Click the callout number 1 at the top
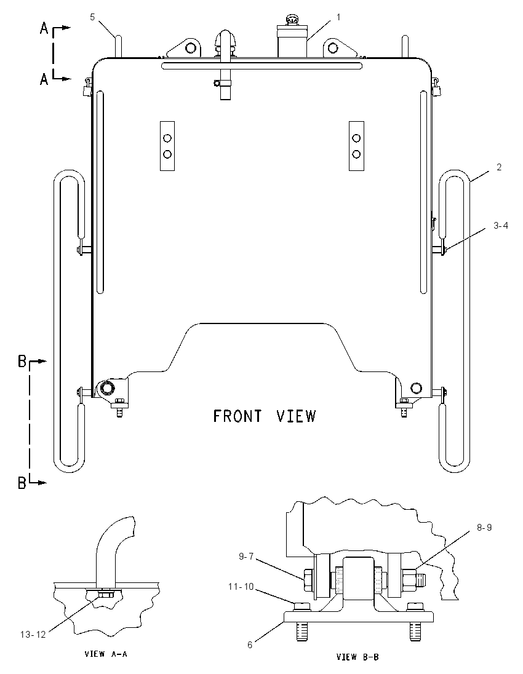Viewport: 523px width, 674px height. (338, 17)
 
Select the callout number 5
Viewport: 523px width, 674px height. (92, 17)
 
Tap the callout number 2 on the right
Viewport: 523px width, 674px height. (499, 167)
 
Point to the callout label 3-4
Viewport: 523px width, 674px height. (501, 225)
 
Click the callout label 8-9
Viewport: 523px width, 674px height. (484, 528)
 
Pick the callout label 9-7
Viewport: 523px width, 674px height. (246, 556)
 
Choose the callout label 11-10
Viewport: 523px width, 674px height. (241, 586)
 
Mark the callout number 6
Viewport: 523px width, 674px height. (250, 645)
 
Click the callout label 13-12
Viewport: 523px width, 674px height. (33, 635)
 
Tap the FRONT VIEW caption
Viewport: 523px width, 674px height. (265, 416)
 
